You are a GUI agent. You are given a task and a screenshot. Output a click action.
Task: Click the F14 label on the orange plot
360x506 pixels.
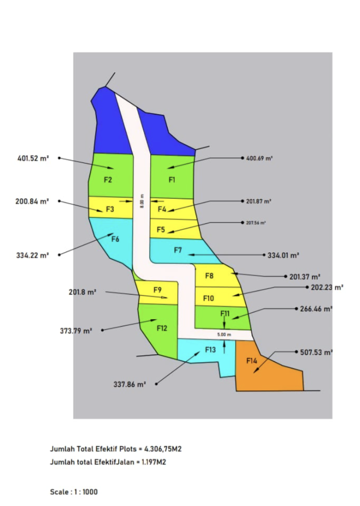click(x=252, y=361)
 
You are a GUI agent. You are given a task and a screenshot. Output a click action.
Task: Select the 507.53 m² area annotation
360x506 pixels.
click(x=316, y=352)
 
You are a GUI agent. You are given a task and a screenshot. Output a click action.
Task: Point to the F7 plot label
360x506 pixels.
click(x=179, y=251)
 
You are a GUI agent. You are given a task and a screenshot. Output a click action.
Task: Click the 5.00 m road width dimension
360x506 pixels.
click(x=225, y=335)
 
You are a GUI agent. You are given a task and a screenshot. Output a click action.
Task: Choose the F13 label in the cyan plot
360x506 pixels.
click(x=210, y=350)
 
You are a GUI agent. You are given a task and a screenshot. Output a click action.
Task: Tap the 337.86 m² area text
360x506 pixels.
click(x=130, y=384)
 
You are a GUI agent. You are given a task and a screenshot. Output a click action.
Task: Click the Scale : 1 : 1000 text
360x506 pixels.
click(x=74, y=492)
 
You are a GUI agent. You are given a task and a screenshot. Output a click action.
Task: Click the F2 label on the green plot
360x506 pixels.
click(x=108, y=180)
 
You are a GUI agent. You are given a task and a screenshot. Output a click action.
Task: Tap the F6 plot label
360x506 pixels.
click(x=115, y=239)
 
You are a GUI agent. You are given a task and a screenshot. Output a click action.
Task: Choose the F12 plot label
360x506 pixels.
click(x=162, y=328)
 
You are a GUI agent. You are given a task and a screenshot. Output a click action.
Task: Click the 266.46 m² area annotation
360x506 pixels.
click(x=316, y=309)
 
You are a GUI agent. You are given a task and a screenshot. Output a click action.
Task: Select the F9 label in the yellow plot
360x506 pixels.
click(x=158, y=289)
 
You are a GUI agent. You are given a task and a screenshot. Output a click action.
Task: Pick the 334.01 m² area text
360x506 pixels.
click(x=284, y=255)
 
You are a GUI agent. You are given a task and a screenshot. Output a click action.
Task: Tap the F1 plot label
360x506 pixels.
click(x=172, y=180)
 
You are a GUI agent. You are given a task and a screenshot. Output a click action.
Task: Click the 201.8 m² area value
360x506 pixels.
click(x=82, y=292)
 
